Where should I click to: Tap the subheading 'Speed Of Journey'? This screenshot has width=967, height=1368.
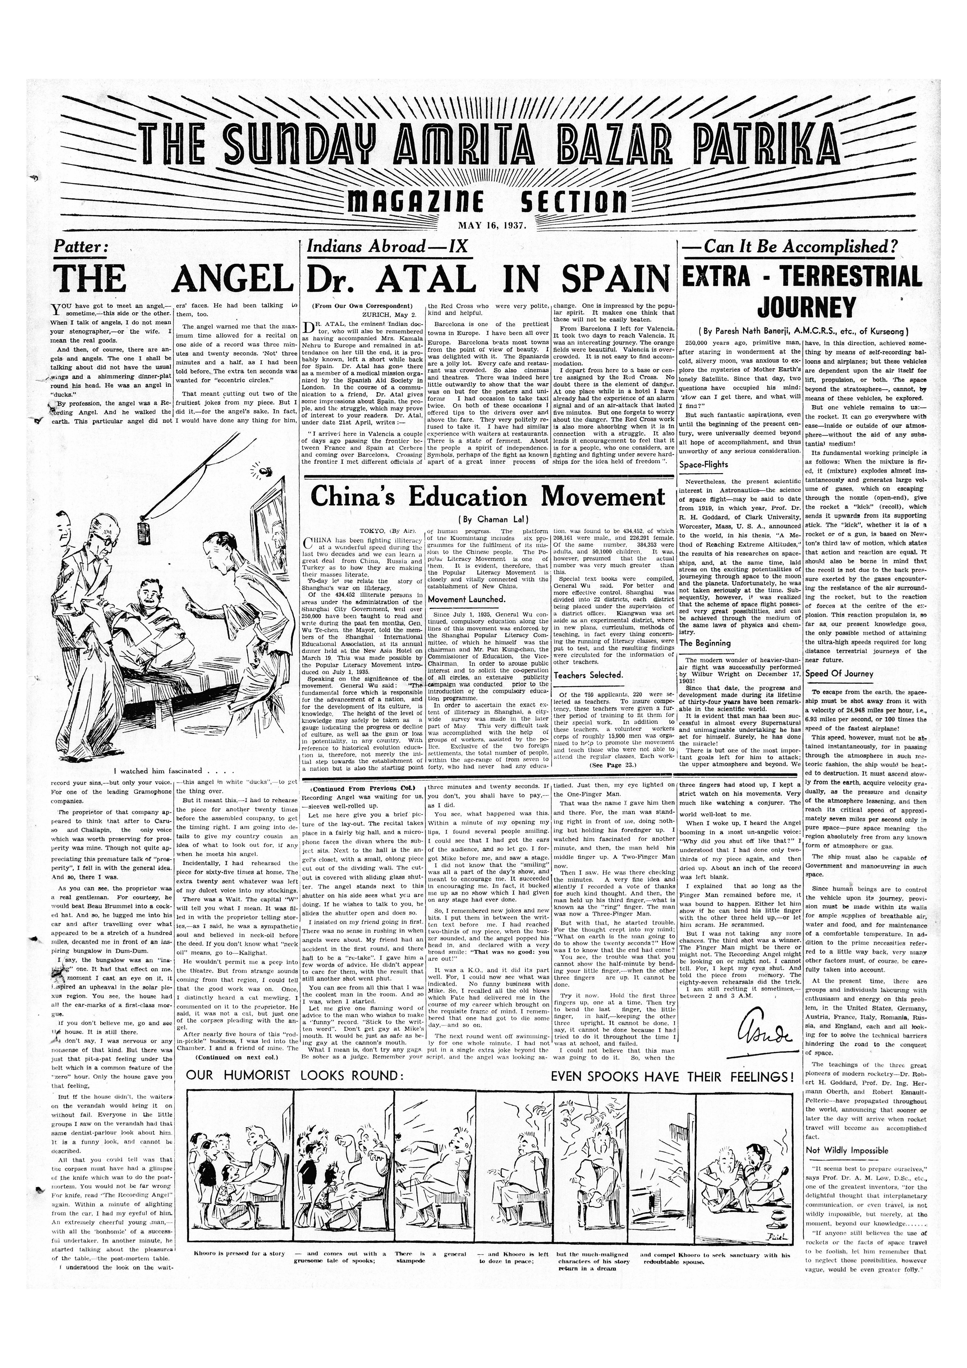coord(839,674)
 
